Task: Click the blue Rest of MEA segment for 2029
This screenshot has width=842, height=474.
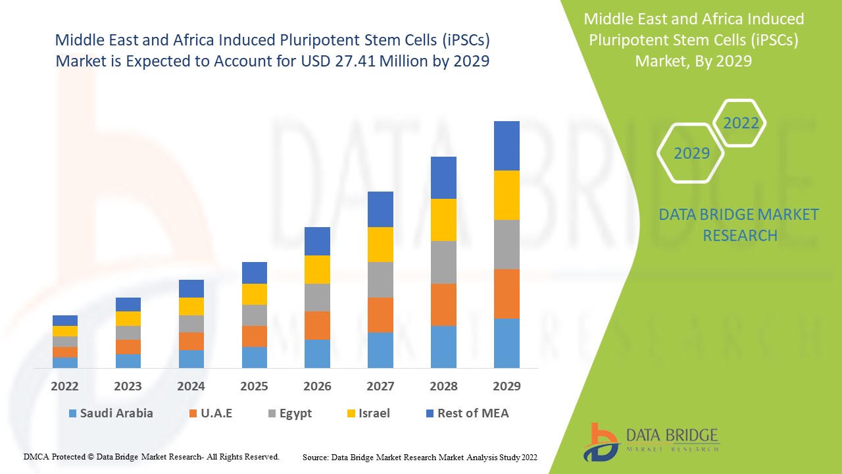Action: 507,145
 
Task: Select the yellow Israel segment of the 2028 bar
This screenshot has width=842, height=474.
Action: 443,220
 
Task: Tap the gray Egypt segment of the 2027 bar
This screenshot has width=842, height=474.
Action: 380,280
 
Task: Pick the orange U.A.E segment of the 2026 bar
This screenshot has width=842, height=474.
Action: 317,325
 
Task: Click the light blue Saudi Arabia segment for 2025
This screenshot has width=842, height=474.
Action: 255,357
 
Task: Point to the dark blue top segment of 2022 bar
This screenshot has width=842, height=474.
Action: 65,321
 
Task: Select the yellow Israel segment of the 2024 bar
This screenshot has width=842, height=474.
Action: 191,306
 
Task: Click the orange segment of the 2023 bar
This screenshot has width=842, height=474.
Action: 128,347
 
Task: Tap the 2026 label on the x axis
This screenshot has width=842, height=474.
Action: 317,386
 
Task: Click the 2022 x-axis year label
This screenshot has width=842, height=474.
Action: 65,386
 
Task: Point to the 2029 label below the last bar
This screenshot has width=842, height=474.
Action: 507,386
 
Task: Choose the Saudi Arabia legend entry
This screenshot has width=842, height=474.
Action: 111,413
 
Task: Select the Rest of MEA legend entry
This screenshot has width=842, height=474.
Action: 467,413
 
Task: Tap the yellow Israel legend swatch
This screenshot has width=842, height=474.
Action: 352,413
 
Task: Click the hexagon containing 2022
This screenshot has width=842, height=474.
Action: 740,123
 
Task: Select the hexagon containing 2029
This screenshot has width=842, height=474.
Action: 691,153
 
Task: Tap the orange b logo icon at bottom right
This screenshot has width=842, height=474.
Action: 601,441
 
